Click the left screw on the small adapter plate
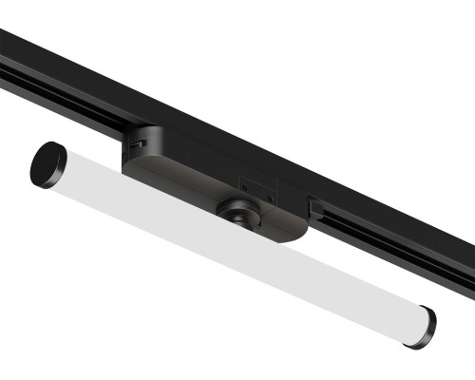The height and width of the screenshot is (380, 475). click(x=245, y=186)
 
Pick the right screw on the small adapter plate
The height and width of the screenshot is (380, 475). click(x=268, y=197)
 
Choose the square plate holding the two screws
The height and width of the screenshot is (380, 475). click(x=256, y=191)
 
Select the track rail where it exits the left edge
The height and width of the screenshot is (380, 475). click(x=8, y=57)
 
